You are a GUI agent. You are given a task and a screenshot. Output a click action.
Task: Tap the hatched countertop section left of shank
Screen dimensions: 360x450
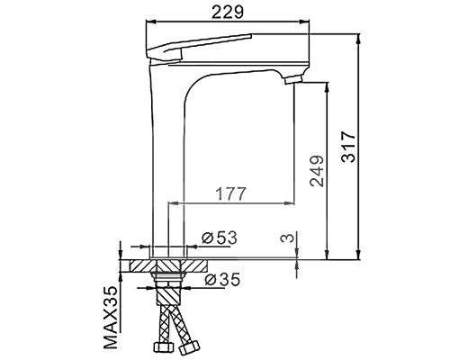coord(136,266)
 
